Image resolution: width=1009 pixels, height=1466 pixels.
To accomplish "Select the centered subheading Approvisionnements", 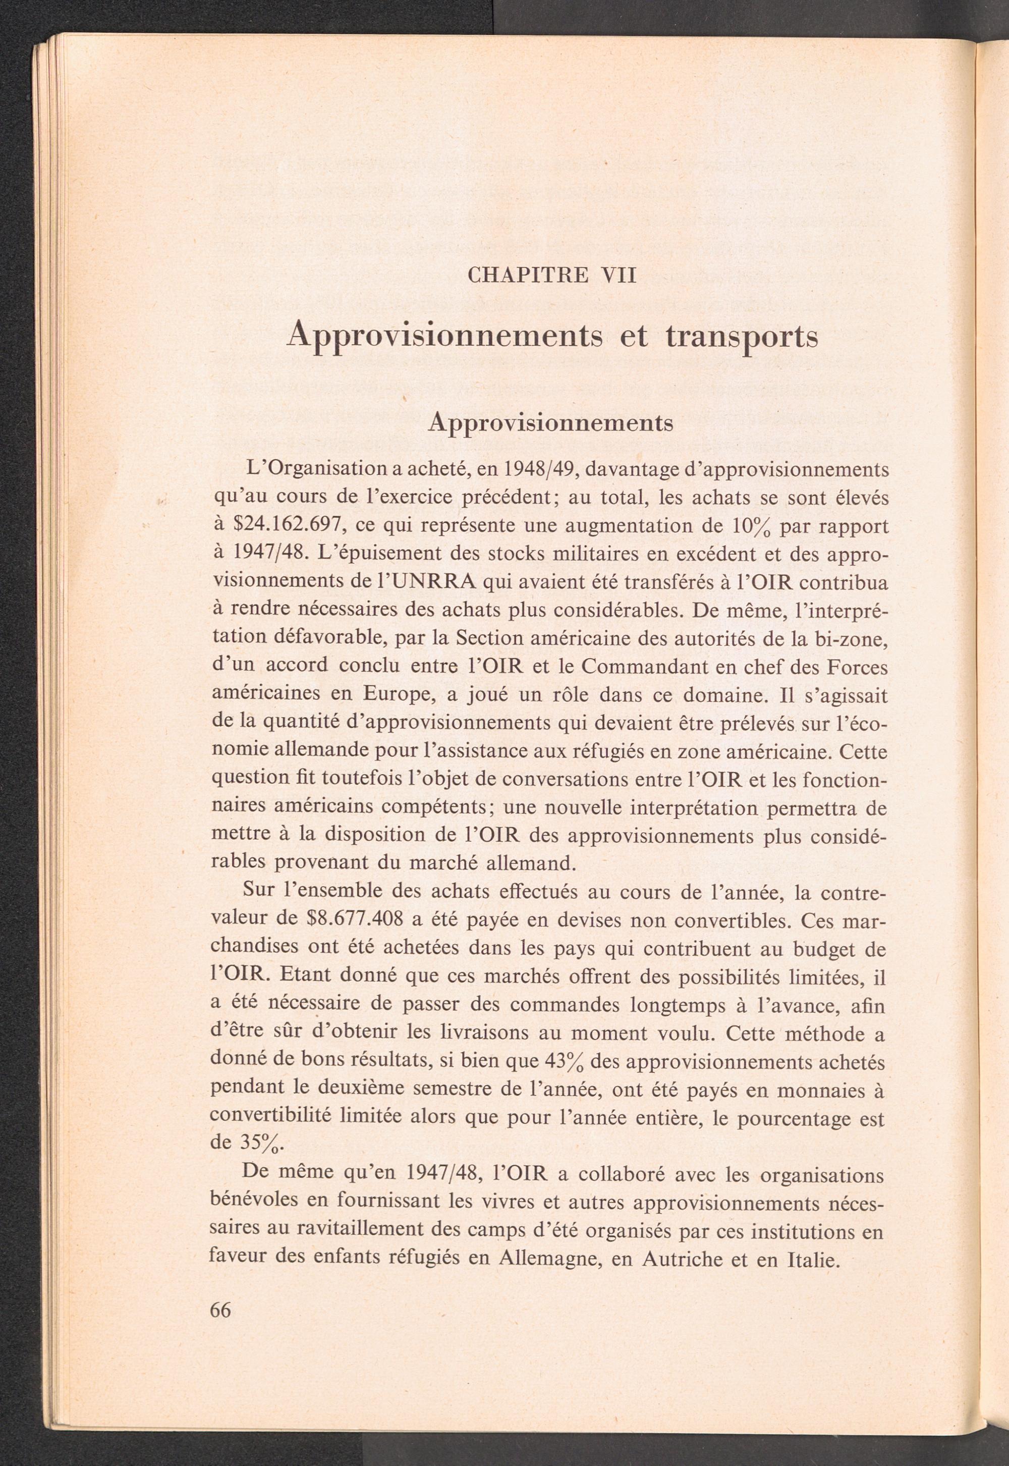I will [x=550, y=423].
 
